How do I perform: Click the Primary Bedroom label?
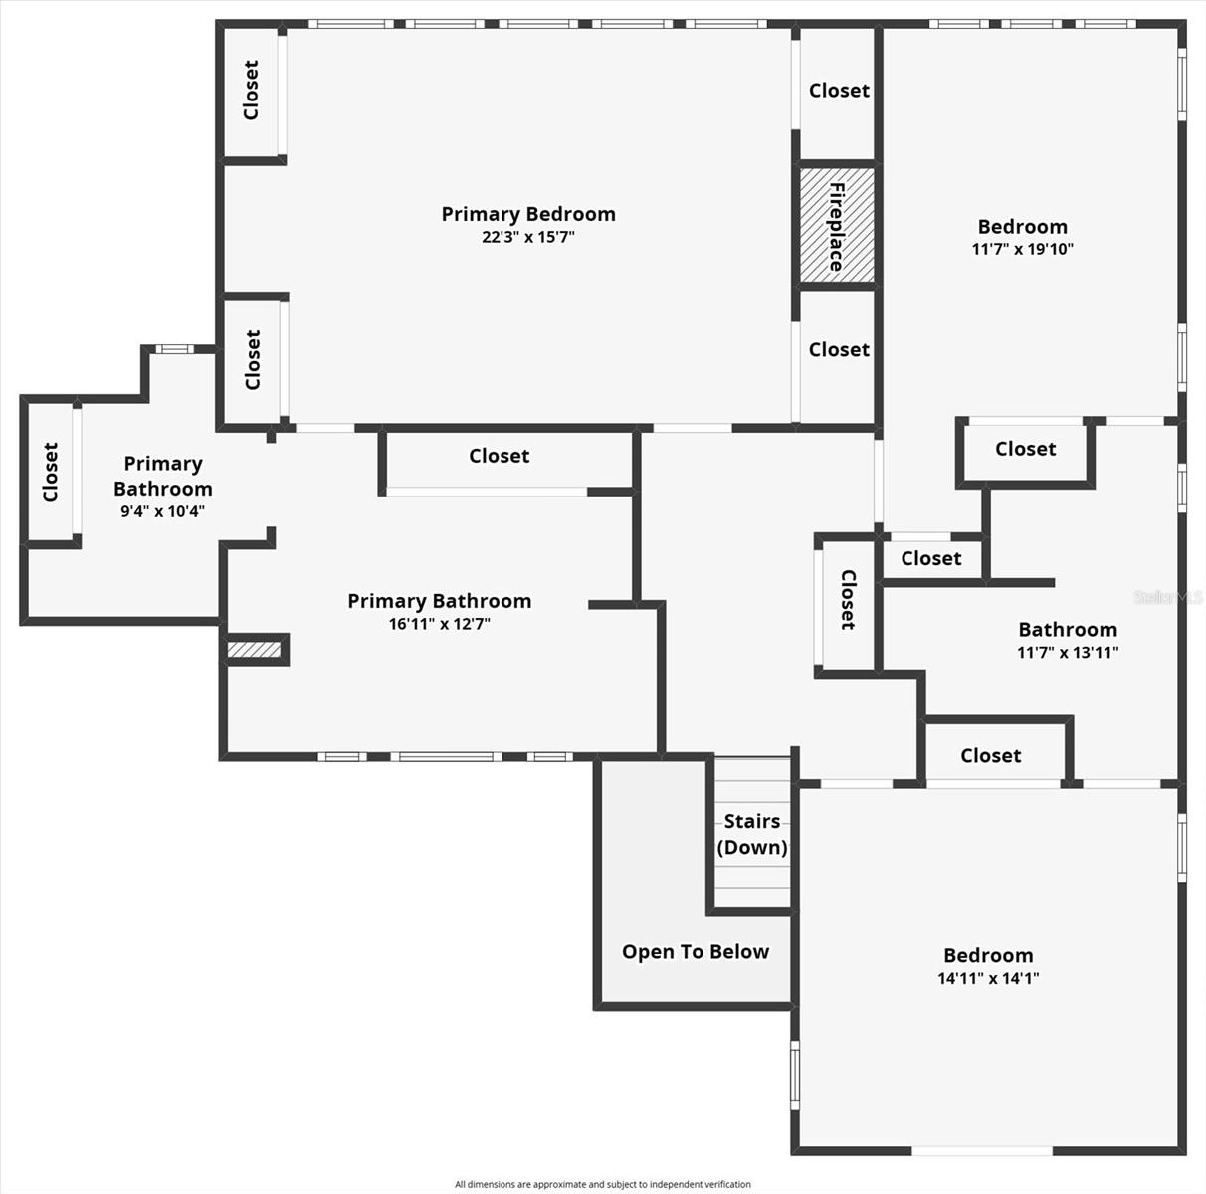(528, 214)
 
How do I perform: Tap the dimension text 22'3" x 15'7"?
(528, 237)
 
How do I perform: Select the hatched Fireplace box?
(837, 225)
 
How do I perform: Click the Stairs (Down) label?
(752, 834)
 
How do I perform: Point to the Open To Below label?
(696, 952)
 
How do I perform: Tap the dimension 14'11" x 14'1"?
(988, 978)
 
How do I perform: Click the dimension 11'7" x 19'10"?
(1022, 249)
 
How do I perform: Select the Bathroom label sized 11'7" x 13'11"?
(1068, 630)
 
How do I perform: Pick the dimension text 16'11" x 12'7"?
(440, 624)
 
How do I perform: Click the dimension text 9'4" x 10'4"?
(163, 511)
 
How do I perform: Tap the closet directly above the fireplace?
(839, 91)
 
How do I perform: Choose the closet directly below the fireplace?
(839, 350)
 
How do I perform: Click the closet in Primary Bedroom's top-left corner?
(252, 91)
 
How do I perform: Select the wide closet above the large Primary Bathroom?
(499, 456)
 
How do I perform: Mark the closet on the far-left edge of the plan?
(51, 472)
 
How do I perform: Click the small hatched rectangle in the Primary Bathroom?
(255, 650)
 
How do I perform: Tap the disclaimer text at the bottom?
(602, 1184)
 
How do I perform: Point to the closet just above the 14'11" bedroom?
(990, 756)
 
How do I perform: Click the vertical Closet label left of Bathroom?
(848, 599)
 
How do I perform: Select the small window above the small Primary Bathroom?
(175, 348)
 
